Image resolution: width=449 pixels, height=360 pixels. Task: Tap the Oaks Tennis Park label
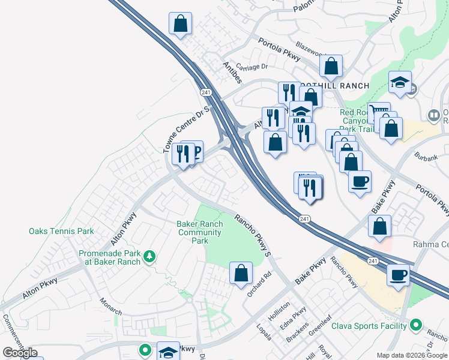61,231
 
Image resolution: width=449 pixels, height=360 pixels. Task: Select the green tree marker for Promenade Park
149,257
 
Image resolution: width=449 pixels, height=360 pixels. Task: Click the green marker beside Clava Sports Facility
416,326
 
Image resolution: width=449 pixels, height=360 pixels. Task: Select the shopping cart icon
379,112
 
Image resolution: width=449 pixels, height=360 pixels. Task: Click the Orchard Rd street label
259,280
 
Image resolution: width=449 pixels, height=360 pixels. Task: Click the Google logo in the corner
20,353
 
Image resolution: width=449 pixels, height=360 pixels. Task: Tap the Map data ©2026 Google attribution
412,355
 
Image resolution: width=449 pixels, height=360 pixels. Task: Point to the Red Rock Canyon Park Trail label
357,121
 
